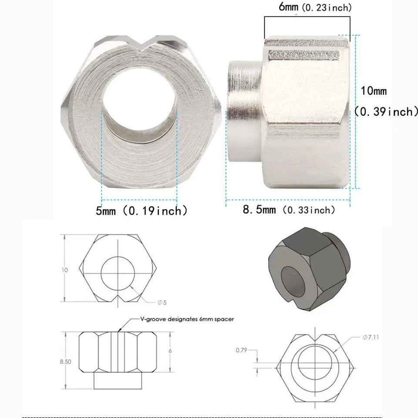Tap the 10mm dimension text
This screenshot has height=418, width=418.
click(374, 91)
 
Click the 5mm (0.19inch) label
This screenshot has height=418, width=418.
click(142, 211)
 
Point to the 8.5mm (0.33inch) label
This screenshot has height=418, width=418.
click(289, 210)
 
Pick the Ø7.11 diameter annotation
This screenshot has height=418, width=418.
click(371, 337)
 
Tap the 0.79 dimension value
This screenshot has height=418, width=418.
click(241, 350)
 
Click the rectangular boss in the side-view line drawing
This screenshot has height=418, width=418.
click(118, 381)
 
